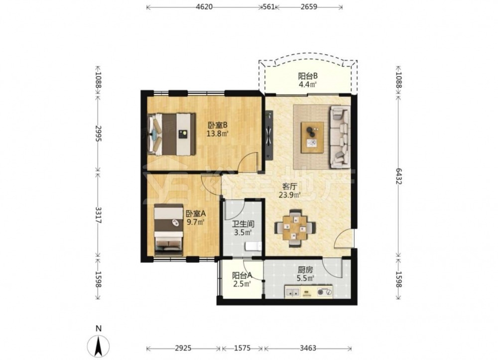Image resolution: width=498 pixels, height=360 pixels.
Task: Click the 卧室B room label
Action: tap(218, 125)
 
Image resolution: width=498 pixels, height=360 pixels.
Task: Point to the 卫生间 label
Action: tap(244, 224)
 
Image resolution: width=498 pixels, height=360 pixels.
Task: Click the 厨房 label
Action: tap(305, 270)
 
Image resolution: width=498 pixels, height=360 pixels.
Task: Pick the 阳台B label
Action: tap(308, 76)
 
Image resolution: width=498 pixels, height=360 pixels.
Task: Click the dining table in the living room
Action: tap(295, 227)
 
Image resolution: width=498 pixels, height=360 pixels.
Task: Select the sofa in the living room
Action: tap(340, 137)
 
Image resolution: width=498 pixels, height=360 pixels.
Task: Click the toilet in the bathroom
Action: tap(253, 246)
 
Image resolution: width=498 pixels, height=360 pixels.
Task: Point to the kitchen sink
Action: tap(292, 291)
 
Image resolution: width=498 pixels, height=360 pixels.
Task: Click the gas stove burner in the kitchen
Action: tap(325, 291)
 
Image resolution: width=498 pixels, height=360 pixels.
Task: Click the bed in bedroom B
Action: tap(171, 134)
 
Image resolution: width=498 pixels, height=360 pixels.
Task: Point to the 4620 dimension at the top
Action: tap(204, 6)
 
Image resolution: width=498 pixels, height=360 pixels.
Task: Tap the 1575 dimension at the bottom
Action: tap(242, 348)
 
